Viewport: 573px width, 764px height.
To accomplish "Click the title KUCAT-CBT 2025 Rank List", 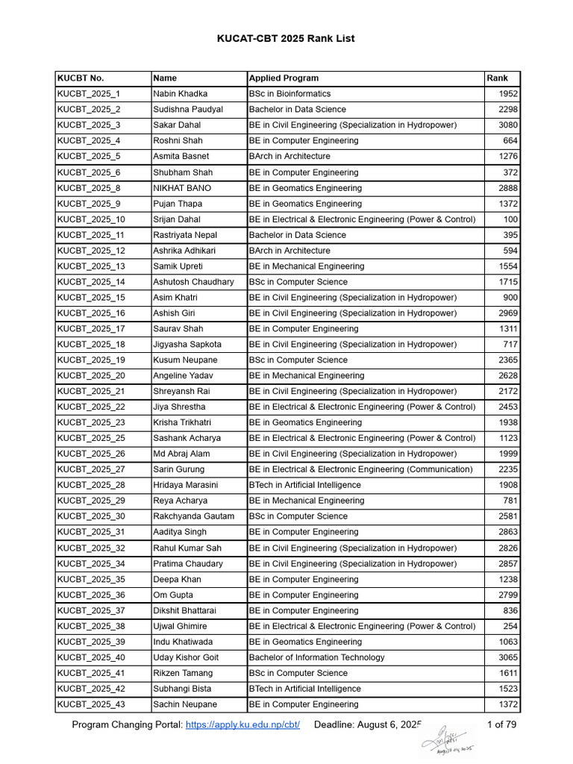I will click(286, 38).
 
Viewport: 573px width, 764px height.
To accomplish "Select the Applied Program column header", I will click(284, 78).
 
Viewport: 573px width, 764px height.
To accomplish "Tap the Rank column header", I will click(498, 78).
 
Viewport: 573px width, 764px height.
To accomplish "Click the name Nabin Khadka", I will click(180, 94).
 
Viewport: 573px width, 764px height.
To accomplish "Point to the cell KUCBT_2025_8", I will click(89, 188).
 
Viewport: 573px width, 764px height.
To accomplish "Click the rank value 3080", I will click(508, 125).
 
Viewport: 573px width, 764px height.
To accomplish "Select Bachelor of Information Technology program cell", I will click(317, 657).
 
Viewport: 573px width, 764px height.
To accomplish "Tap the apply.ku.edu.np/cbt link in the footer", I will click(242, 725).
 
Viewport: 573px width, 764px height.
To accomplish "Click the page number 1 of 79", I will click(503, 725).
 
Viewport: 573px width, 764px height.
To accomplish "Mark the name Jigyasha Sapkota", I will click(187, 345).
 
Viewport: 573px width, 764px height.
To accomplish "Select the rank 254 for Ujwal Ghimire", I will click(510, 626).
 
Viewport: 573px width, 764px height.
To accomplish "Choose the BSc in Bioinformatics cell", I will click(289, 94).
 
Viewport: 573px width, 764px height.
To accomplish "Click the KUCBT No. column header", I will click(81, 78).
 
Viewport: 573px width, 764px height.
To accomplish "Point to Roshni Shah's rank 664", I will click(510, 141).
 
